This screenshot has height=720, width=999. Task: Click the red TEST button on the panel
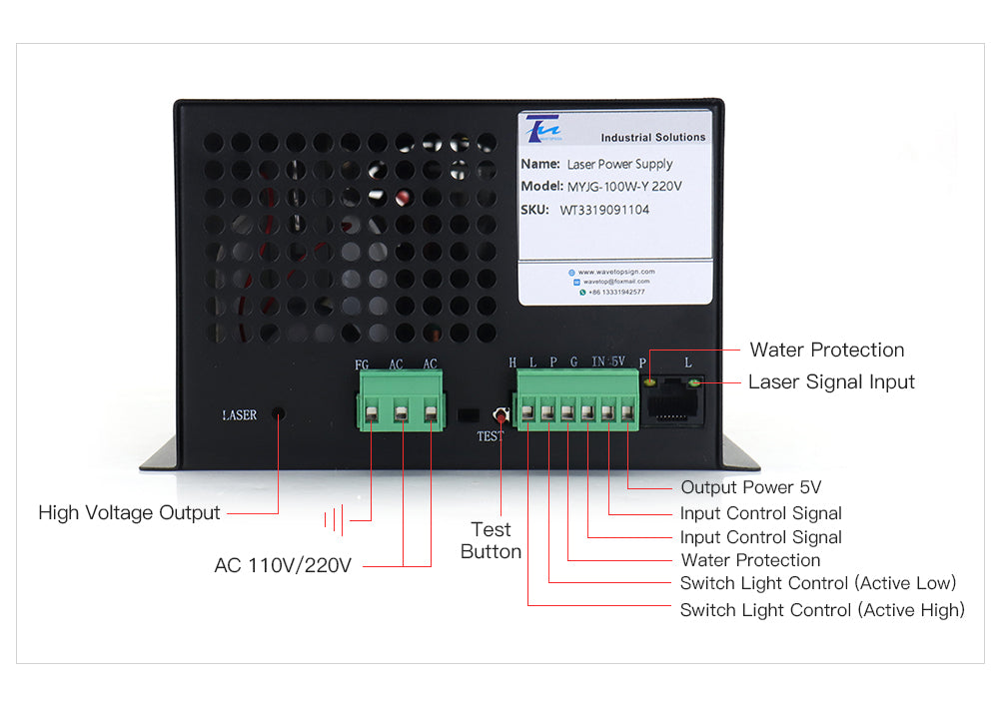coord(498,413)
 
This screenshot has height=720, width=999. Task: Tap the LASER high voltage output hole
coord(279,413)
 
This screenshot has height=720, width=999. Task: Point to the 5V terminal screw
coord(627,410)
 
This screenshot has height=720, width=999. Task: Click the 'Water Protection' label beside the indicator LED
coord(827,350)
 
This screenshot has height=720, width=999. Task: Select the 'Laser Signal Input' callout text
coord(831,381)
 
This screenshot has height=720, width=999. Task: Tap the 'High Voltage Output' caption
coord(129,512)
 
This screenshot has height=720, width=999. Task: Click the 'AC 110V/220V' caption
coord(283,565)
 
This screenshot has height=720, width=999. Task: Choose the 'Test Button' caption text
coord(492,540)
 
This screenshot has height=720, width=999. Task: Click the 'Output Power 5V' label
coord(750,487)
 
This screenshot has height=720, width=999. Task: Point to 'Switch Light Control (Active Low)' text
coord(818,583)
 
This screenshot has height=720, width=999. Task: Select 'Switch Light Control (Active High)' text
coord(822,610)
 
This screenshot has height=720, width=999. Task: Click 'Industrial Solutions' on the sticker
coord(652,138)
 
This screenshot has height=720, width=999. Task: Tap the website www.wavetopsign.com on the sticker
coord(615,272)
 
